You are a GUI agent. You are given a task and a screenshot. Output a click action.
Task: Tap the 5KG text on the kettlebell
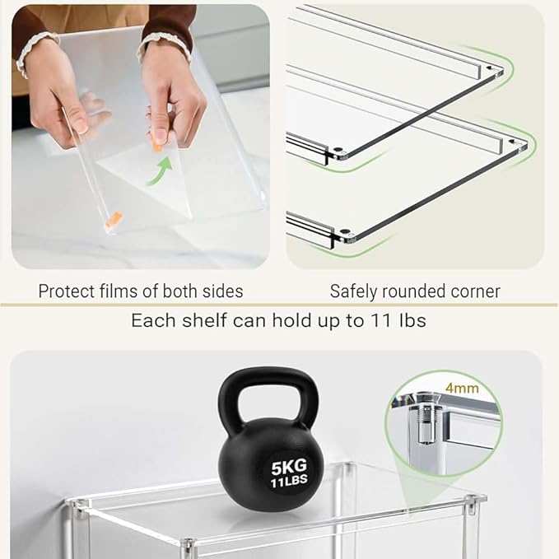pyautogui.click(x=289, y=467)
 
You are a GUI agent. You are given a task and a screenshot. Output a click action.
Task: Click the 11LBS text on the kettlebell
pyautogui.click(x=289, y=482)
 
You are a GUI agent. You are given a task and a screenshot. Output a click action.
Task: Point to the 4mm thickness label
pyautogui.click(x=462, y=388)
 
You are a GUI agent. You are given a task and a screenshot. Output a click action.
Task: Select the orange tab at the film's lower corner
pyautogui.click(x=113, y=218)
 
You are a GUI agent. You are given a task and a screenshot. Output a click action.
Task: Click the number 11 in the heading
pyautogui.click(x=382, y=320)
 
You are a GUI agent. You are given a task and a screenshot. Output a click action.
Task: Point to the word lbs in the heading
pyautogui.click(x=412, y=320)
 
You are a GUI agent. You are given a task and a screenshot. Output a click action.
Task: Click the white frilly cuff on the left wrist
pyautogui.click(x=34, y=50)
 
